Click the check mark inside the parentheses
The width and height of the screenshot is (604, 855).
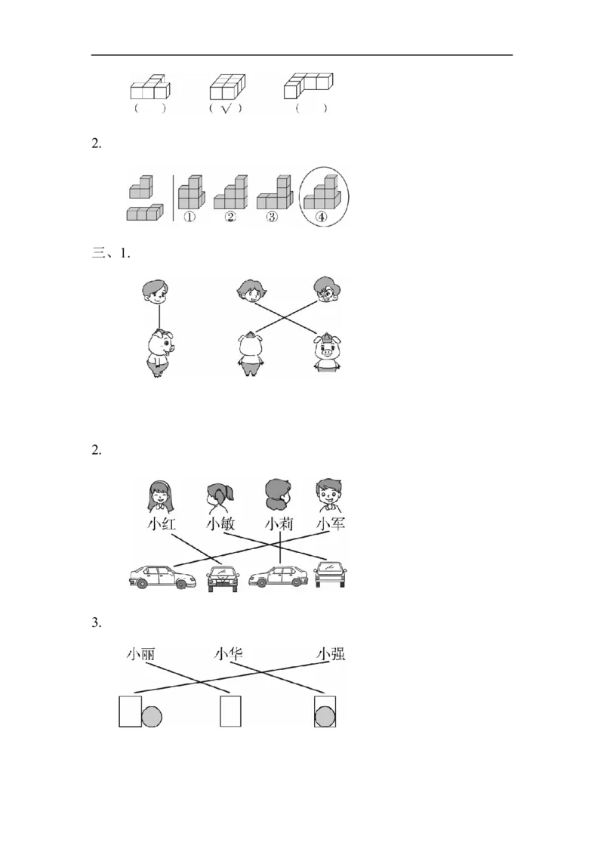(x=225, y=109)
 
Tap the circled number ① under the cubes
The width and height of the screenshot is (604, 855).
(x=189, y=217)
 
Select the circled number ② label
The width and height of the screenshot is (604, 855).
(x=230, y=217)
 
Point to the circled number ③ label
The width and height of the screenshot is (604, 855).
(x=271, y=217)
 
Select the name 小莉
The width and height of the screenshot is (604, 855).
(x=279, y=524)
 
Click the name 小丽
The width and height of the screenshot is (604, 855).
(x=141, y=655)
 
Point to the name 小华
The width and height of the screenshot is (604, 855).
(x=229, y=655)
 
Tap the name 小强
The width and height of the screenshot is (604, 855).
(x=331, y=655)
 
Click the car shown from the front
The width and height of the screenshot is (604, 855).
(x=223, y=579)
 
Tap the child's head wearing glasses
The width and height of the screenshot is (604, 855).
(x=327, y=291)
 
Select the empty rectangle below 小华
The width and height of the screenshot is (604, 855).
(x=230, y=711)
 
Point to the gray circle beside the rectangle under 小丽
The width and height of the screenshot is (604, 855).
(x=153, y=716)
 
